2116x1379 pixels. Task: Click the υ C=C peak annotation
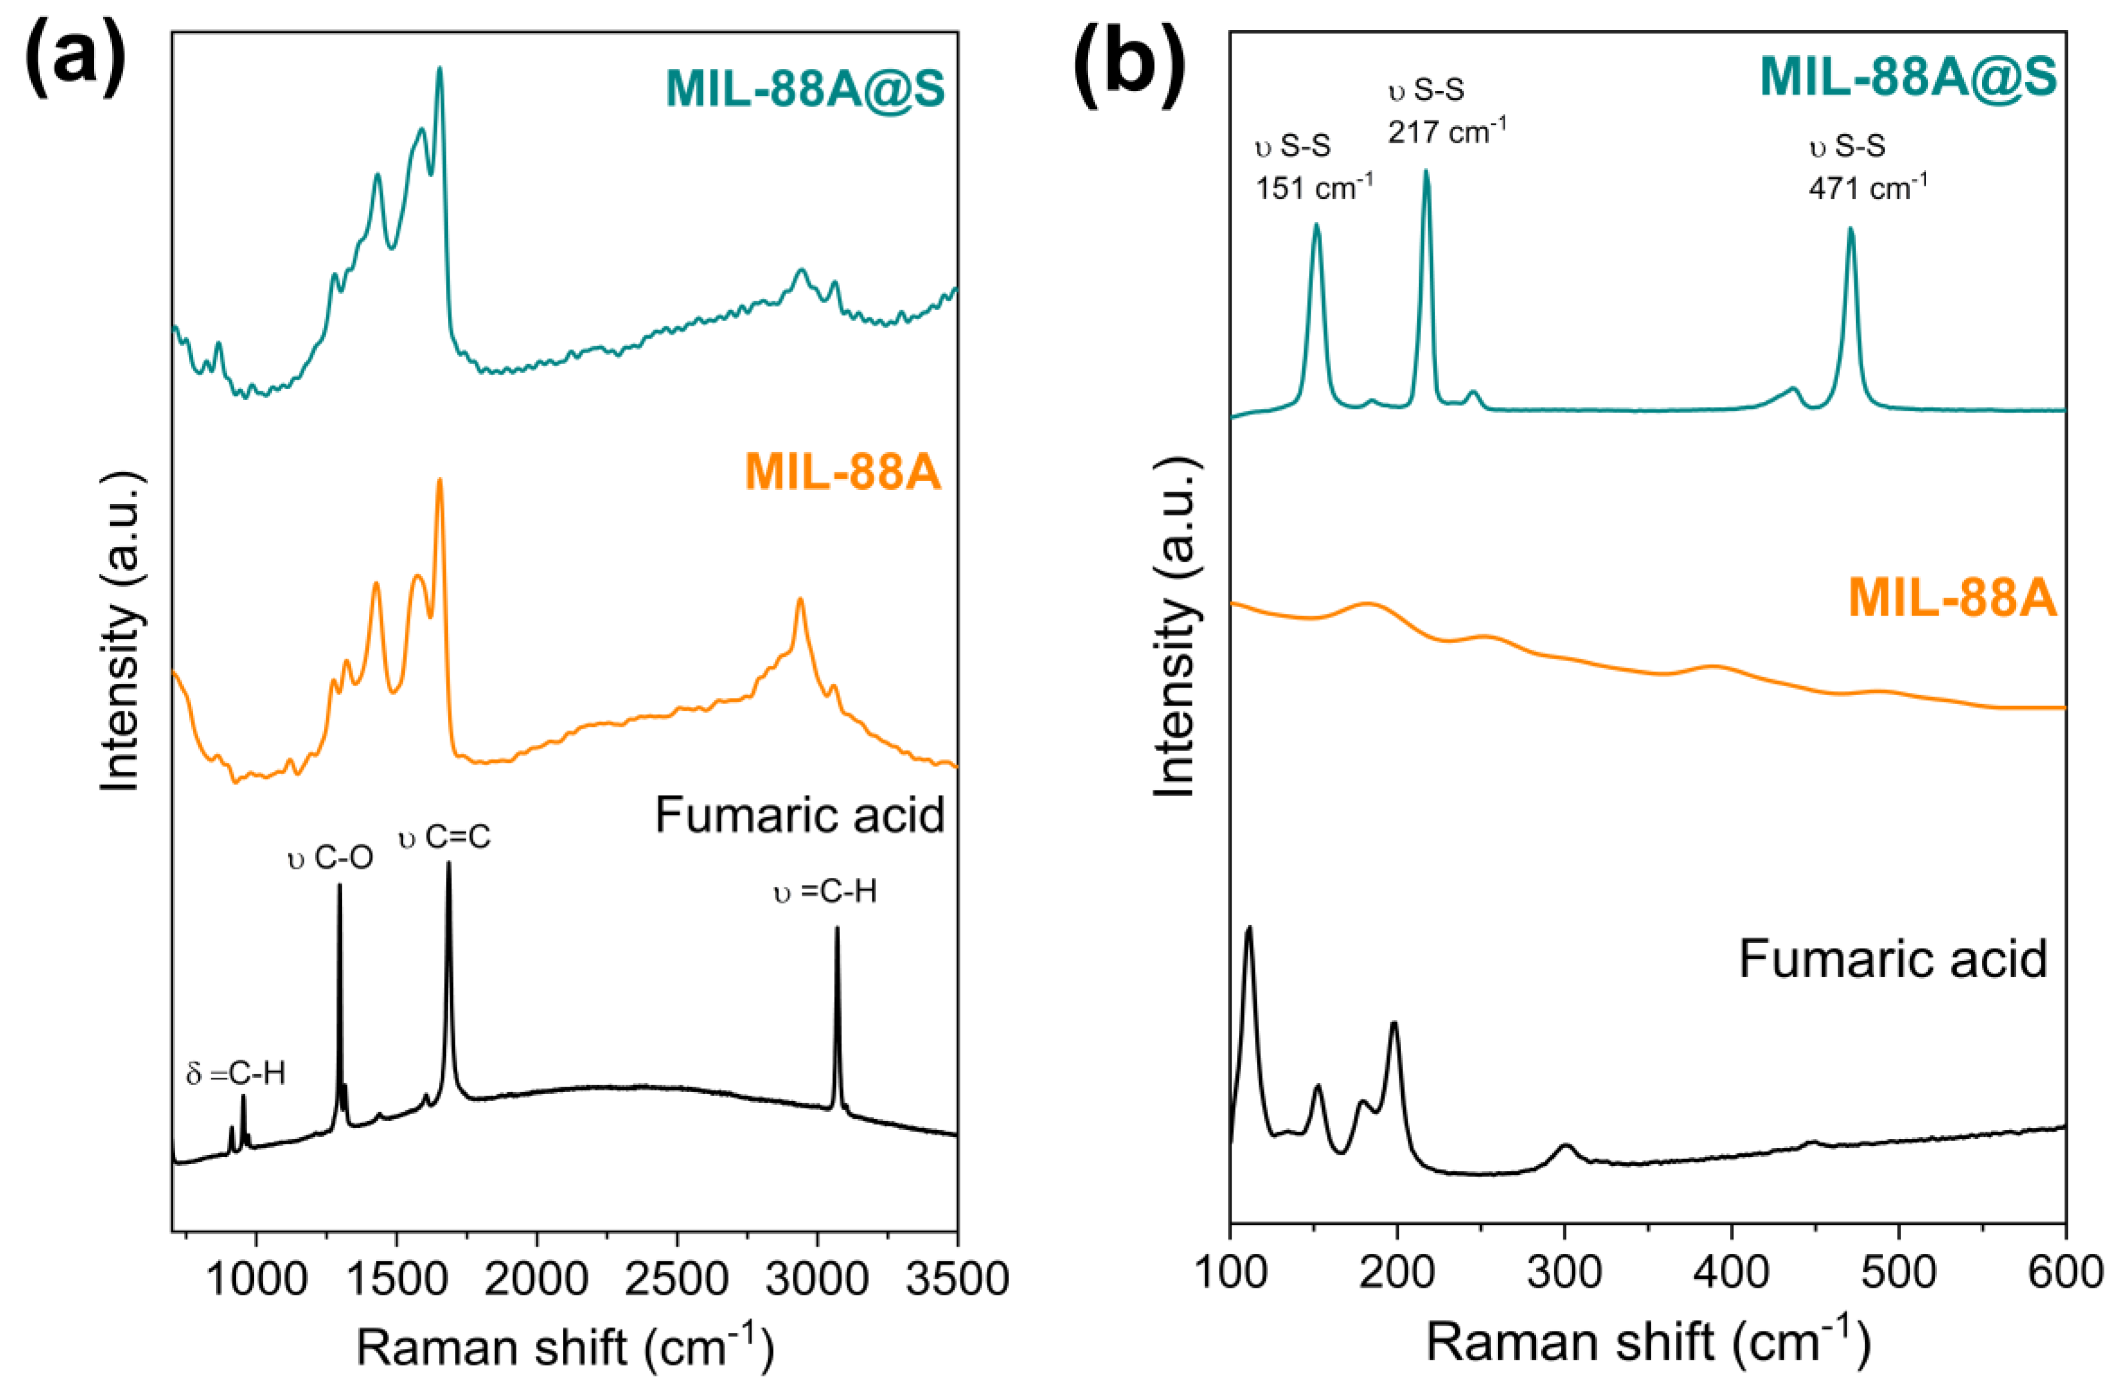pos(444,837)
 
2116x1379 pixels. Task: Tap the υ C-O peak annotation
pos(331,858)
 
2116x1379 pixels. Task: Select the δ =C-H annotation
pos(235,1074)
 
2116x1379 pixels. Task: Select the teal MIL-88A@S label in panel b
pos(1908,75)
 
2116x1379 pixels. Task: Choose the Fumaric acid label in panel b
pos(1892,959)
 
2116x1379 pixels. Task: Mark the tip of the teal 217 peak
pos(1426,172)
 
